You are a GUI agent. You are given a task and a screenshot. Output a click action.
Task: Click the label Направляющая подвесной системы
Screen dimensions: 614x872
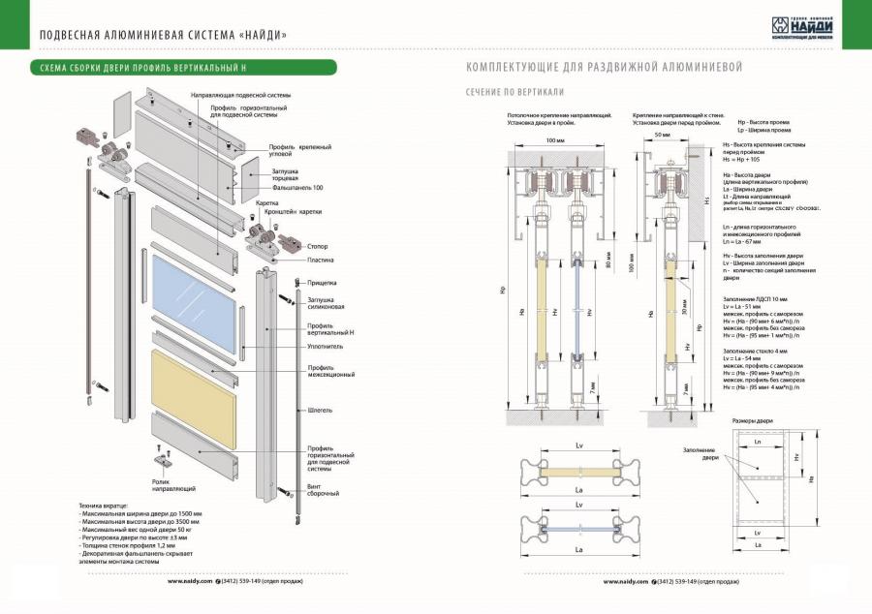click(x=240, y=96)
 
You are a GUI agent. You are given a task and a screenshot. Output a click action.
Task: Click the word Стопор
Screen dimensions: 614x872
click(x=317, y=247)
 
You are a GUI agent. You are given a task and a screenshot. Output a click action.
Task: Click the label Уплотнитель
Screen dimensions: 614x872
click(x=326, y=346)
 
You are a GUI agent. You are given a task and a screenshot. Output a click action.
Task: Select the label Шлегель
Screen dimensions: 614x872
click(x=320, y=410)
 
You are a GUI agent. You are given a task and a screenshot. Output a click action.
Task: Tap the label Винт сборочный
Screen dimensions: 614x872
click(x=323, y=488)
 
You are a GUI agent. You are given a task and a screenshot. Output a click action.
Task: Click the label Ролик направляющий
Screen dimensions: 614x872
click(x=174, y=485)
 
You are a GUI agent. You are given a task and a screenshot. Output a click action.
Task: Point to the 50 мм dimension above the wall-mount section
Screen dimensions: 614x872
click(x=663, y=137)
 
